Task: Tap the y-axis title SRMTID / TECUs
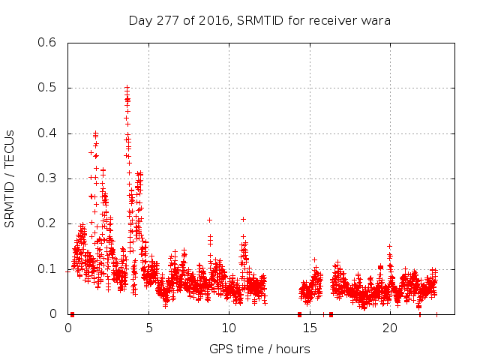pyautogui.click(x=10, y=178)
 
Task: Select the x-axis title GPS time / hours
pyautogui.click(x=259, y=349)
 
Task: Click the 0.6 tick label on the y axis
pyautogui.click(x=47, y=43)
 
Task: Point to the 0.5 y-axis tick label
pyautogui.click(x=47, y=88)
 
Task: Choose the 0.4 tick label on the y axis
pyautogui.click(x=47, y=133)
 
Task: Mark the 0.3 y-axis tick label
pyautogui.click(x=47, y=178)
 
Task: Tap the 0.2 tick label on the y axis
pyautogui.click(x=47, y=223)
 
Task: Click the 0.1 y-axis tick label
pyautogui.click(x=47, y=269)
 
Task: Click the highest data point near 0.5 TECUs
pyautogui.click(x=127, y=88)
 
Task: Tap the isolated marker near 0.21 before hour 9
pyautogui.click(x=209, y=220)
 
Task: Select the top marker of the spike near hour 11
pyautogui.click(x=243, y=219)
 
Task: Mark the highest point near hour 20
pyautogui.click(x=389, y=246)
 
